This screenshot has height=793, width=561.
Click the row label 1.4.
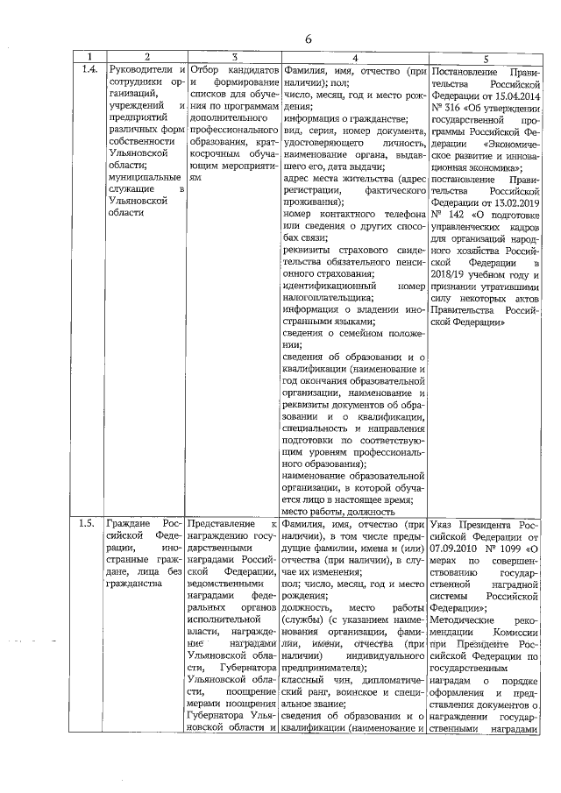click(87, 69)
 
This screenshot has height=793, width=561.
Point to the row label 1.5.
click(87, 524)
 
